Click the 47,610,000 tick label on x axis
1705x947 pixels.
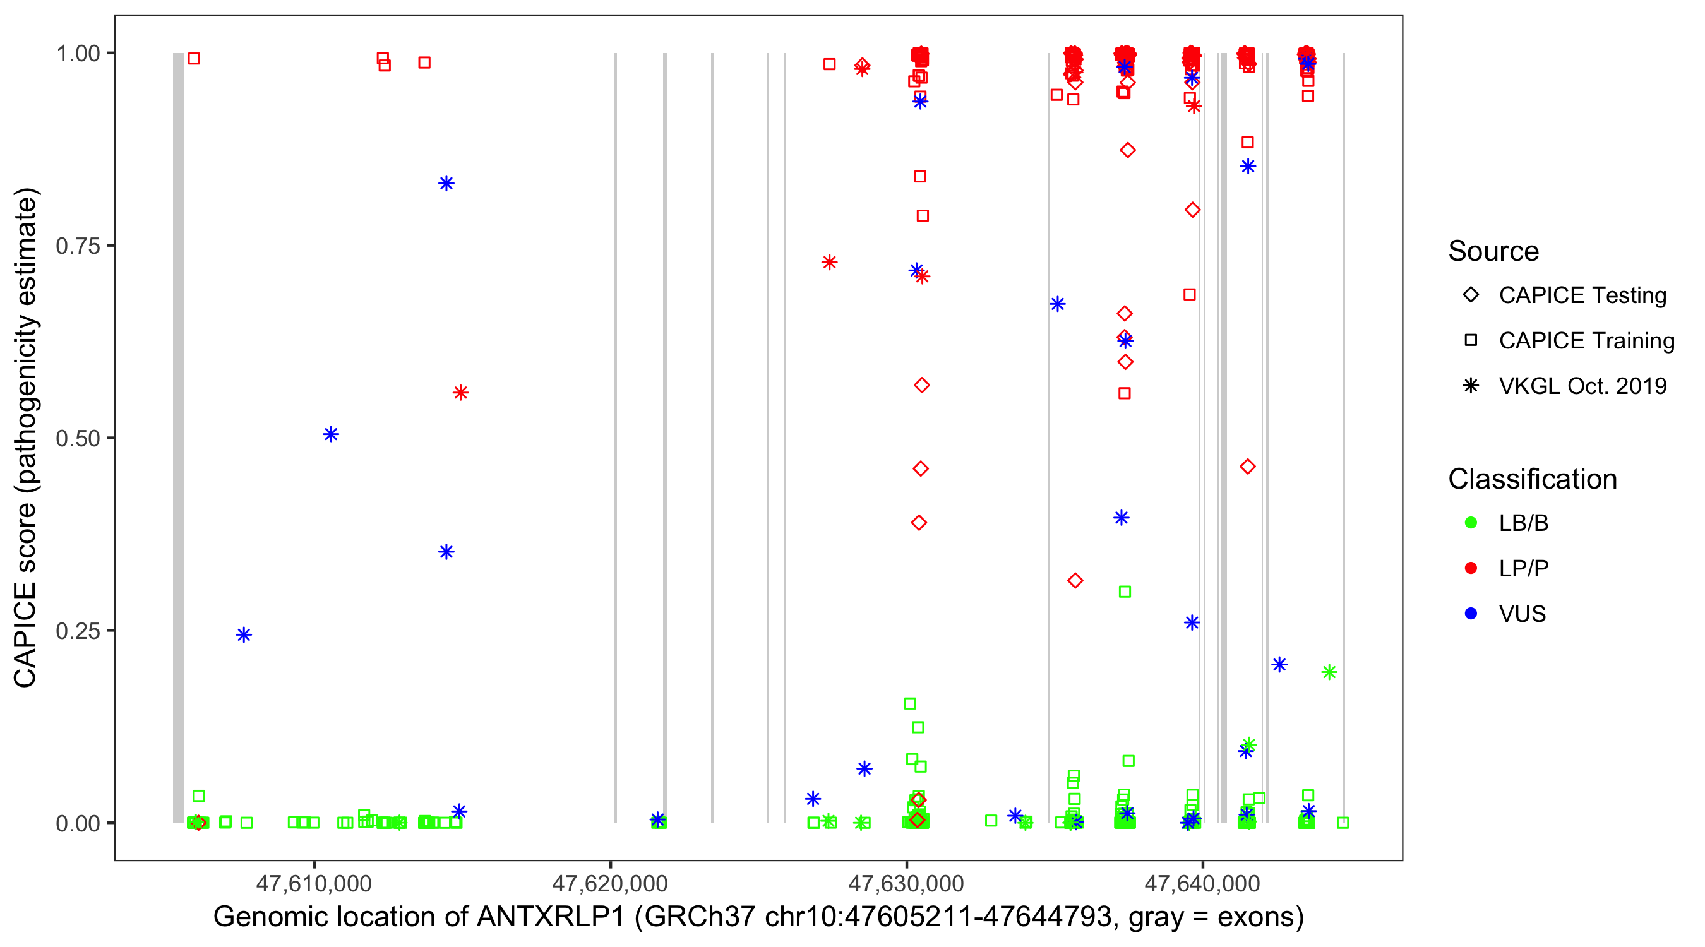[314, 883]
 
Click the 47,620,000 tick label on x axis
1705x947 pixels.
[609, 883]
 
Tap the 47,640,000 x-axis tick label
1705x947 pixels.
[1202, 883]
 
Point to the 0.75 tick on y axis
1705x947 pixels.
[78, 246]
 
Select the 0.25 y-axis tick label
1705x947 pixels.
[78, 631]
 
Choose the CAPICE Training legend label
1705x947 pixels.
[1586, 341]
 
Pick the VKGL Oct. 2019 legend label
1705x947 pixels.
[1582, 386]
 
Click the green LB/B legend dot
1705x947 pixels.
[1471, 523]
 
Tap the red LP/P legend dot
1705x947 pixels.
[1471, 568]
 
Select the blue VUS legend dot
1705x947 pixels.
[1471, 614]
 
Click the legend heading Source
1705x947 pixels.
[1493, 251]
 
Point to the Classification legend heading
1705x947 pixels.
[1532, 479]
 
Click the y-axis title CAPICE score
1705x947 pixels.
[27, 438]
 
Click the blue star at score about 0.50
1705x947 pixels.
[331, 434]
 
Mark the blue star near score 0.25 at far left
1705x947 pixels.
[244, 635]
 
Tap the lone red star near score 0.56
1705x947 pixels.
[461, 393]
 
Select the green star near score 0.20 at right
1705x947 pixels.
[1329, 672]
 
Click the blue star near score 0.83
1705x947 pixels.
[446, 183]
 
